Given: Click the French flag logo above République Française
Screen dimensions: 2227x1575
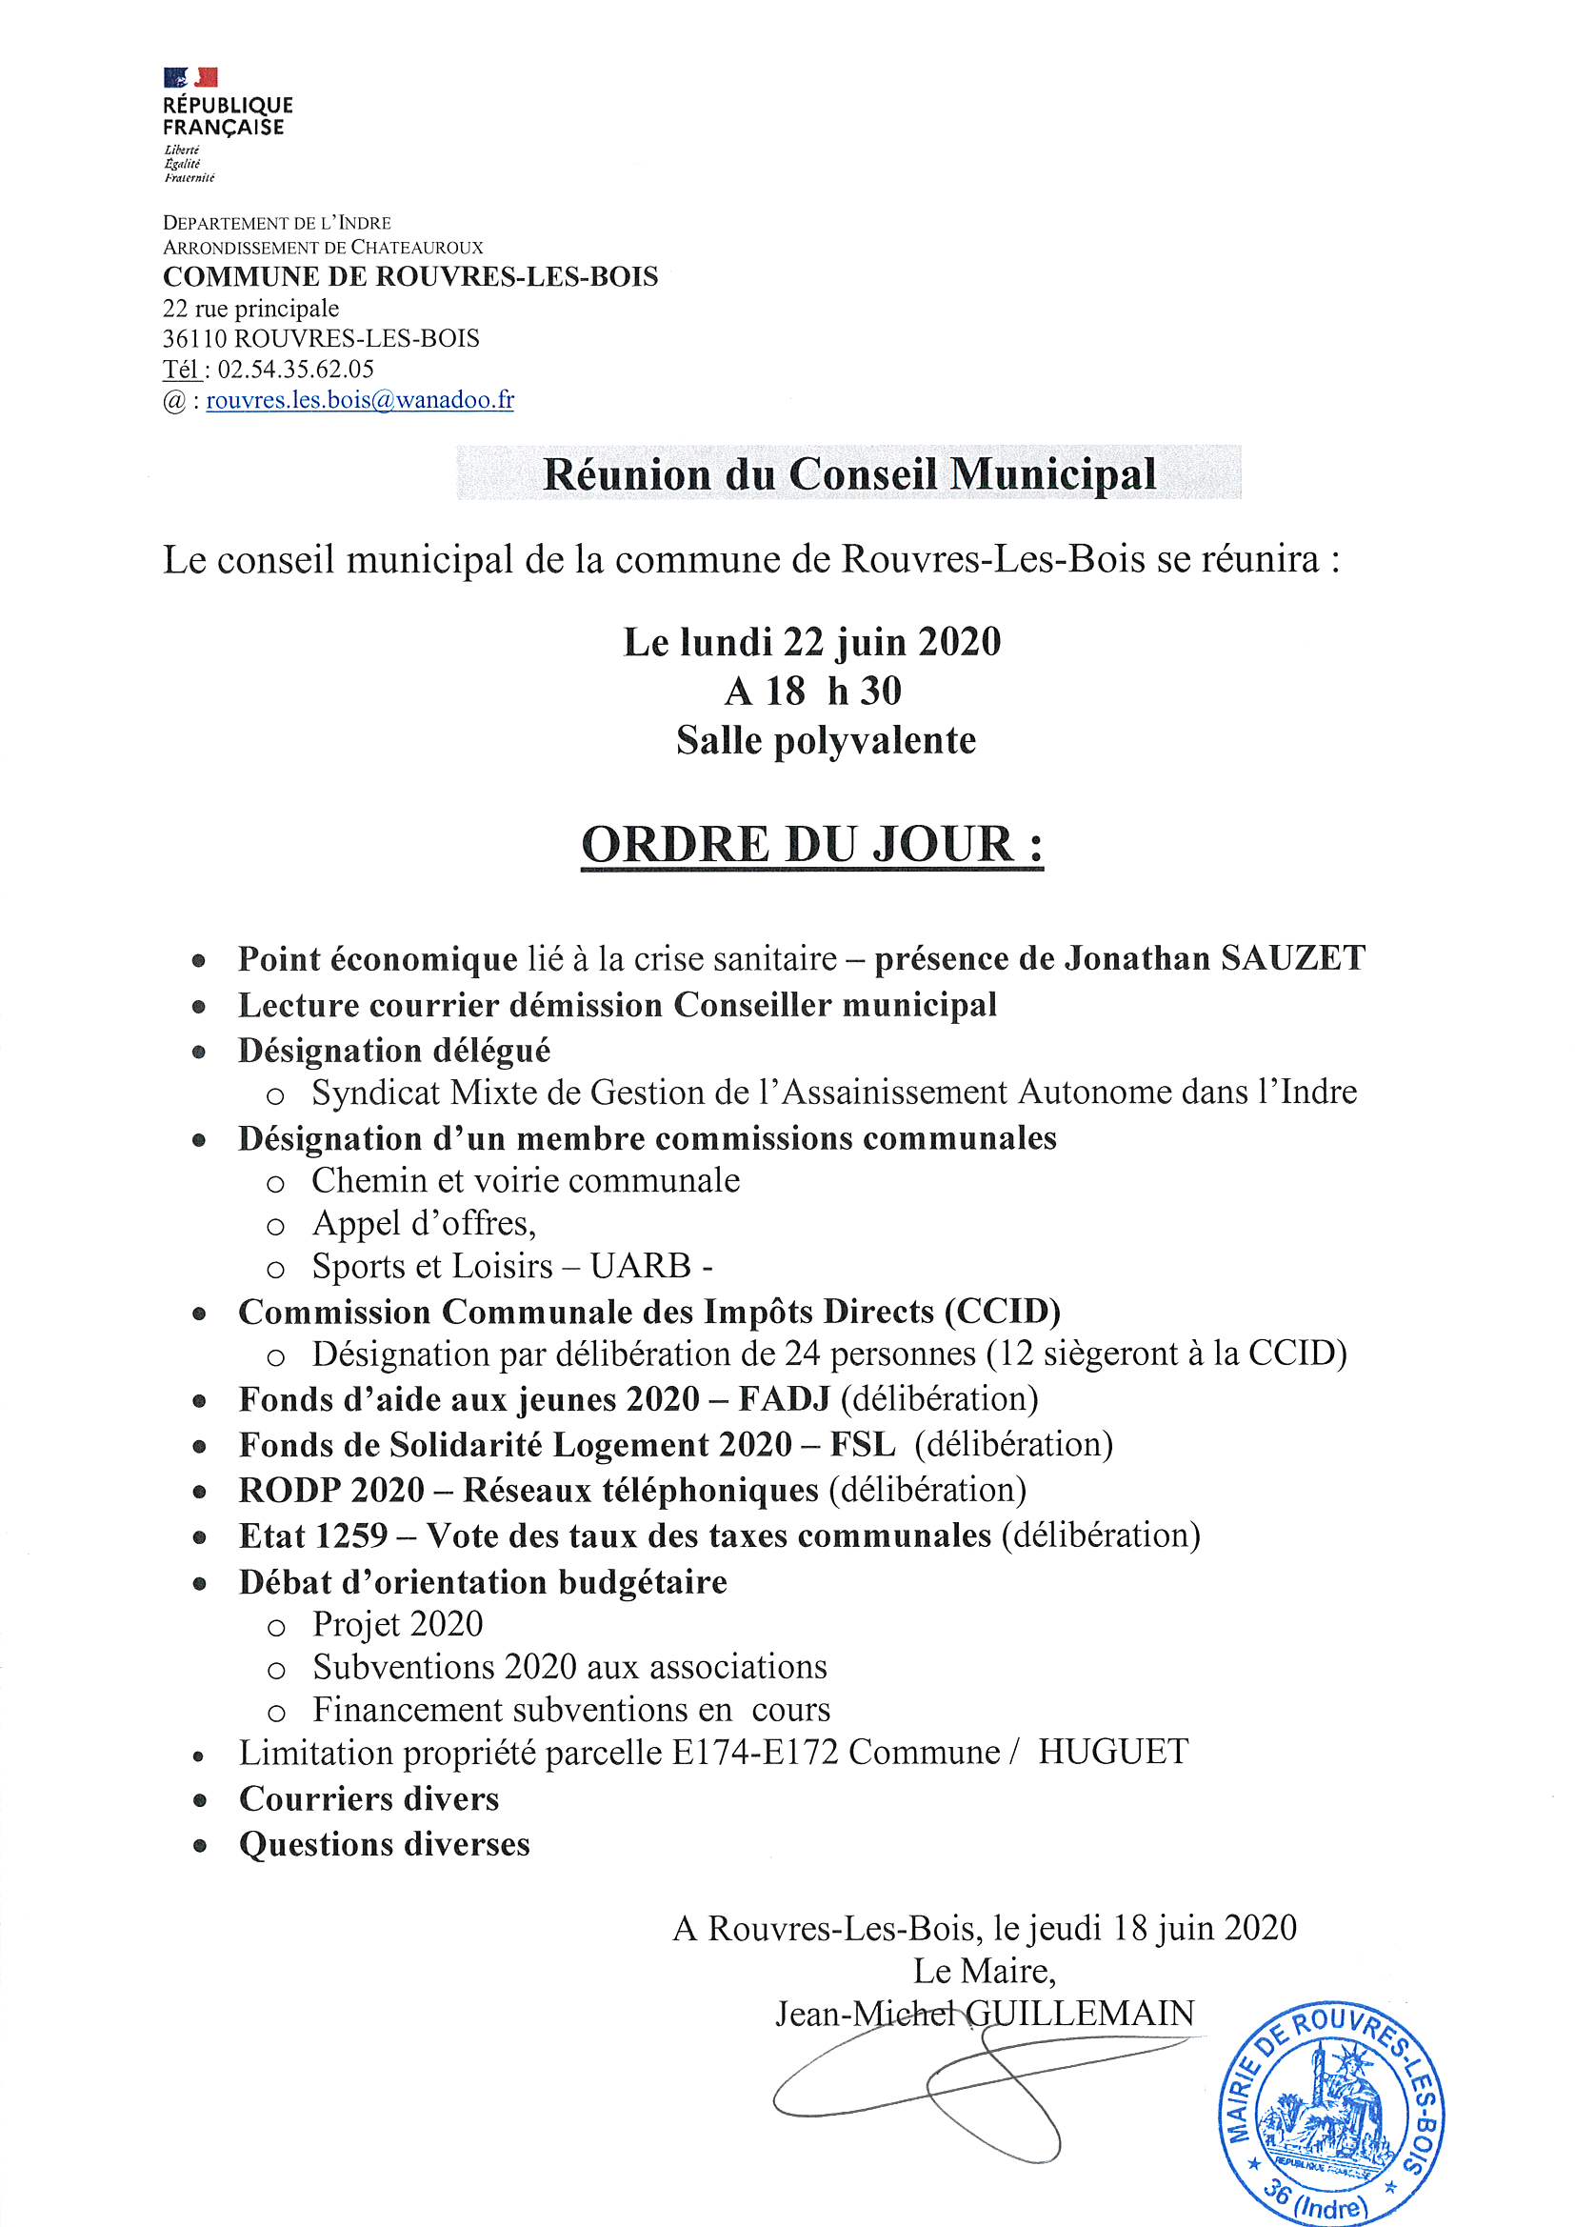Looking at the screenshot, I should (x=190, y=77).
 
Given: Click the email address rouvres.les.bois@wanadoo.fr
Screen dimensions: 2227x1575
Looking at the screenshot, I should (x=360, y=400).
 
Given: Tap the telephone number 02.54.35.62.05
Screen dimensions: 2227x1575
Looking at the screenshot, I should (x=296, y=369).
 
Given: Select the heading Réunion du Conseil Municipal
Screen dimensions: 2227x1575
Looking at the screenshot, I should (x=848, y=474).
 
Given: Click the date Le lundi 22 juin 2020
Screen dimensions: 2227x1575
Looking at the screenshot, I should (x=811, y=642).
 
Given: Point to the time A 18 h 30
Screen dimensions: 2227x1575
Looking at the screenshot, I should (x=812, y=692).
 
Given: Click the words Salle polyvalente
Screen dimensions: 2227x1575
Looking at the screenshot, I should (x=826, y=741).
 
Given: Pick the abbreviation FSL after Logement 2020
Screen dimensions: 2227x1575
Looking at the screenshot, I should (x=862, y=1444).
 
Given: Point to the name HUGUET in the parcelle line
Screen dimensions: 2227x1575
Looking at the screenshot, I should (x=1112, y=1752).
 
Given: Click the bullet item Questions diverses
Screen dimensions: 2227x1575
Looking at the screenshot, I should (x=384, y=1844).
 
